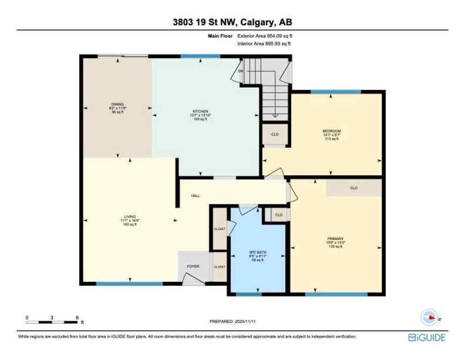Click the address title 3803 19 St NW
(232, 22)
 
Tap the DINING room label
(117, 105)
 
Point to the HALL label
(195, 195)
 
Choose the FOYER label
(193, 266)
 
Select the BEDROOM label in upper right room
(331, 131)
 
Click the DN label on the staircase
(241, 71)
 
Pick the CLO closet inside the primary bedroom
(354, 188)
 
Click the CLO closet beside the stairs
(275, 135)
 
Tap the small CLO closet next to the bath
(279, 215)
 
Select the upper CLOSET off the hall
(220, 229)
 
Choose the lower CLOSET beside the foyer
(220, 267)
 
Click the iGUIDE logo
(427, 337)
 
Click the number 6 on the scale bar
(76, 317)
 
